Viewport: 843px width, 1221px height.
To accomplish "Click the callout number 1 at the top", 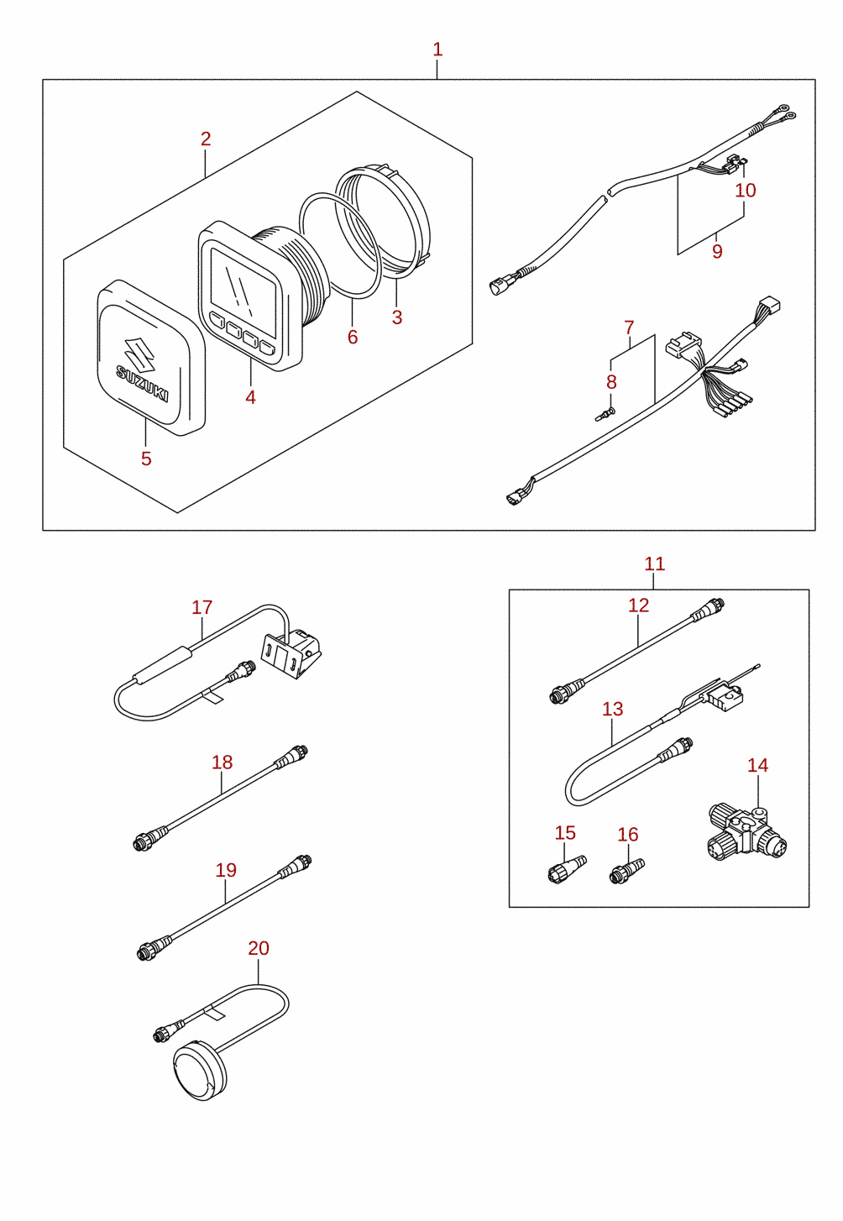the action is [x=437, y=50].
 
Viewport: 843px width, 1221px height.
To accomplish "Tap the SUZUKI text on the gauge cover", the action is [x=143, y=383].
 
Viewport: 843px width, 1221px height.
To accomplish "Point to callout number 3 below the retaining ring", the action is [x=397, y=317].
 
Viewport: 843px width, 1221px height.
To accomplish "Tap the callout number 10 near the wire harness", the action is [x=746, y=191].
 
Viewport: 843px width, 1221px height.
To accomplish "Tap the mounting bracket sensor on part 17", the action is [x=291, y=653].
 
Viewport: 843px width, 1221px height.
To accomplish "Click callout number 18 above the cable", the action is [x=222, y=762].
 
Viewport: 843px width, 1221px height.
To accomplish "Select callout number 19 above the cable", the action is [x=226, y=870].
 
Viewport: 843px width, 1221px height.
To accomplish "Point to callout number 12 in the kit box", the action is [x=639, y=605].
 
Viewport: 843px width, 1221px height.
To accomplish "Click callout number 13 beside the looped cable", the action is [x=612, y=709].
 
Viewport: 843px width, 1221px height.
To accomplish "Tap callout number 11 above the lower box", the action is [x=654, y=563].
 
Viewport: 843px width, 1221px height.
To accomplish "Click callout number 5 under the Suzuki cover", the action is [x=146, y=459].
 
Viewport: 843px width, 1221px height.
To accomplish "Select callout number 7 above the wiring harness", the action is [x=630, y=328].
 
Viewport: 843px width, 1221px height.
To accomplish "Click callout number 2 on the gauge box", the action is [x=206, y=139].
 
